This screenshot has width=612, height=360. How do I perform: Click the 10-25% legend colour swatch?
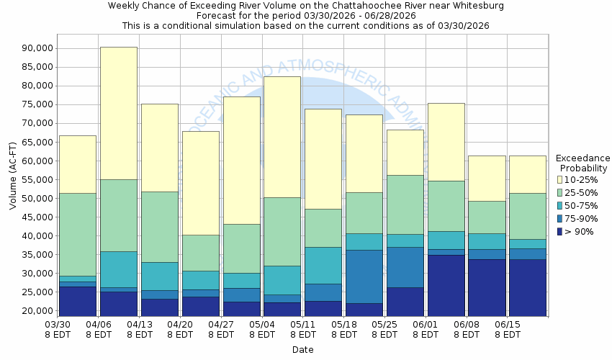(560, 179)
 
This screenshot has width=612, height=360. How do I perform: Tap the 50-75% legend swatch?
(560, 205)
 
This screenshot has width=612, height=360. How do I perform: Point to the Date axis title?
(302, 349)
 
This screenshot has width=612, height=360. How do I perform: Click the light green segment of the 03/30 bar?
(78, 234)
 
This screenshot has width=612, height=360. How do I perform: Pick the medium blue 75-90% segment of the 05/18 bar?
(364, 276)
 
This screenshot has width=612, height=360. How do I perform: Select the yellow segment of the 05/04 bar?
(282, 137)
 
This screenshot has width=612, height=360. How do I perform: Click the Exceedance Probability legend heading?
(582, 163)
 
